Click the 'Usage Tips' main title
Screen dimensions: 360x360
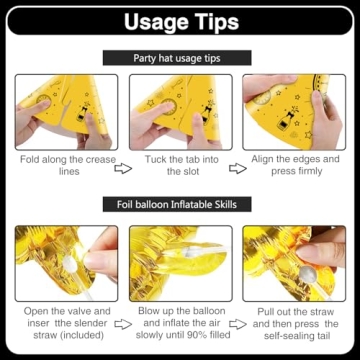point(181,22)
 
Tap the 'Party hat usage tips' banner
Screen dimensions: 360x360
point(177,58)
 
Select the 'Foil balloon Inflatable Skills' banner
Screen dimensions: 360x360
point(177,204)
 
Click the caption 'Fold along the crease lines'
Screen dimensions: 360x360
point(68,165)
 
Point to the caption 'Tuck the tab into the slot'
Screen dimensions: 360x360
point(182,165)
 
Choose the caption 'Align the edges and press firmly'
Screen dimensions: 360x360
point(295,165)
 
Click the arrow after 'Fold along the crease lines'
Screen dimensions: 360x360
point(123,168)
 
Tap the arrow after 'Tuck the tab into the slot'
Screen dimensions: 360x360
point(238,168)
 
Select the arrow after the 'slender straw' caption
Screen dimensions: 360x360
point(123,324)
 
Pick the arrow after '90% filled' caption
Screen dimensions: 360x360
point(238,324)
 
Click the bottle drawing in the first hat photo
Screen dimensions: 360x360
point(82,112)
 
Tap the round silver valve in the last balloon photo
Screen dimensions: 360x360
point(308,274)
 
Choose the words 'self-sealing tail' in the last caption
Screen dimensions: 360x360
point(296,335)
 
